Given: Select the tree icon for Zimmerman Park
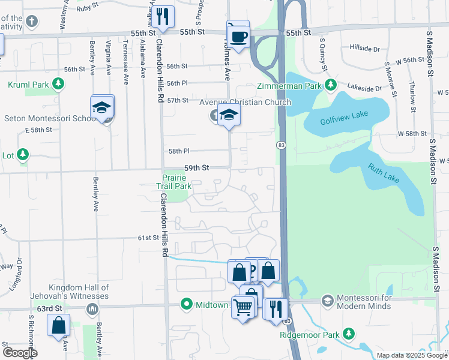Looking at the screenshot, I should (x=330, y=85).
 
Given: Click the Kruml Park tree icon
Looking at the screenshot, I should (x=58, y=84).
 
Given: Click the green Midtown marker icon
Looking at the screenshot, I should (x=186, y=304).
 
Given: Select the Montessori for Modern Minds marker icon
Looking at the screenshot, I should (x=328, y=299).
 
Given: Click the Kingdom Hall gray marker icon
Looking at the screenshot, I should (x=91, y=310).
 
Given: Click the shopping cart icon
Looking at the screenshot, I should (x=243, y=308).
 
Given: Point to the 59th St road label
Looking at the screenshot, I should (x=196, y=169).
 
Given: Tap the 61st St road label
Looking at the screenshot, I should (x=148, y=238).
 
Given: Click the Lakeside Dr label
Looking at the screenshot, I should (x=366, y=88).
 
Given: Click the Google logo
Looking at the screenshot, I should (x=20, y=353).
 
